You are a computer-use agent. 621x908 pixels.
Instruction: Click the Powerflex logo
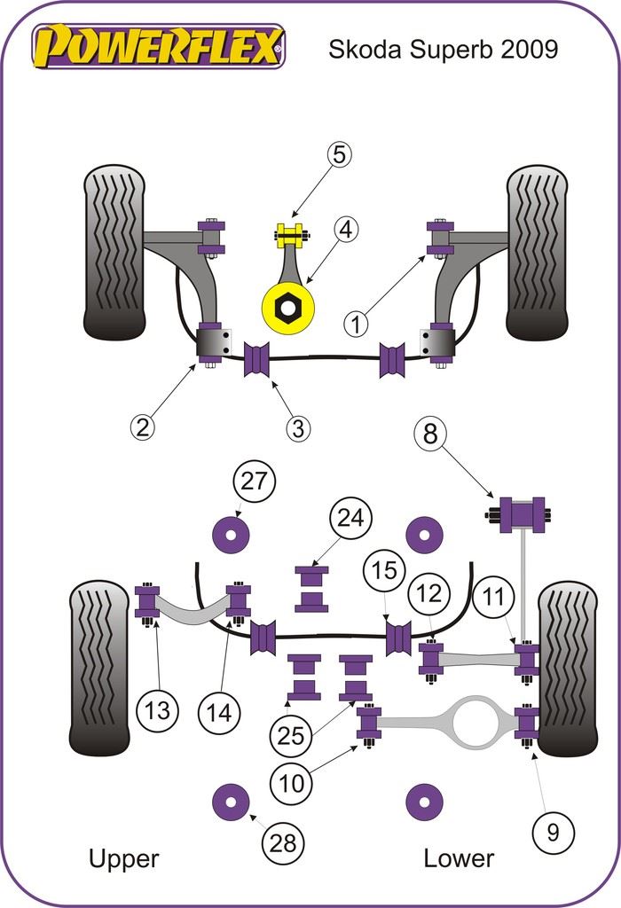(x=159, y=46)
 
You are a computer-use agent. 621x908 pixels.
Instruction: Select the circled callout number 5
(x=338, y=154)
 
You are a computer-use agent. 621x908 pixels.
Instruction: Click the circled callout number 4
(x=345, y=230)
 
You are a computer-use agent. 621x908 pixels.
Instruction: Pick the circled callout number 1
(x=356, y=324)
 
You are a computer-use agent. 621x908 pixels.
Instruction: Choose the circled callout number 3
(x=299, y=429)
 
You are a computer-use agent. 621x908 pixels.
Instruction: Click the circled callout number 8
(x=431, y=434)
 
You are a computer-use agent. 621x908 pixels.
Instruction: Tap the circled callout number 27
(x=255, y=481)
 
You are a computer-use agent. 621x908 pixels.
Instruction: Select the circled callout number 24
(x=352, y=519)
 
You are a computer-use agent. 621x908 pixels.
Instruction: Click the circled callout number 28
(x=283, y=842)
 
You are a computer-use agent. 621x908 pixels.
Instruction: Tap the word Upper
(x=123, y=858)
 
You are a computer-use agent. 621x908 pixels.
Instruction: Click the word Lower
(x=459, y=858)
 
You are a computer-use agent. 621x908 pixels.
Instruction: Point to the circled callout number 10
(x=292, y=782)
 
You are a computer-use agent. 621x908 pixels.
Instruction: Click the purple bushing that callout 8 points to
(x=523, y=514)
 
